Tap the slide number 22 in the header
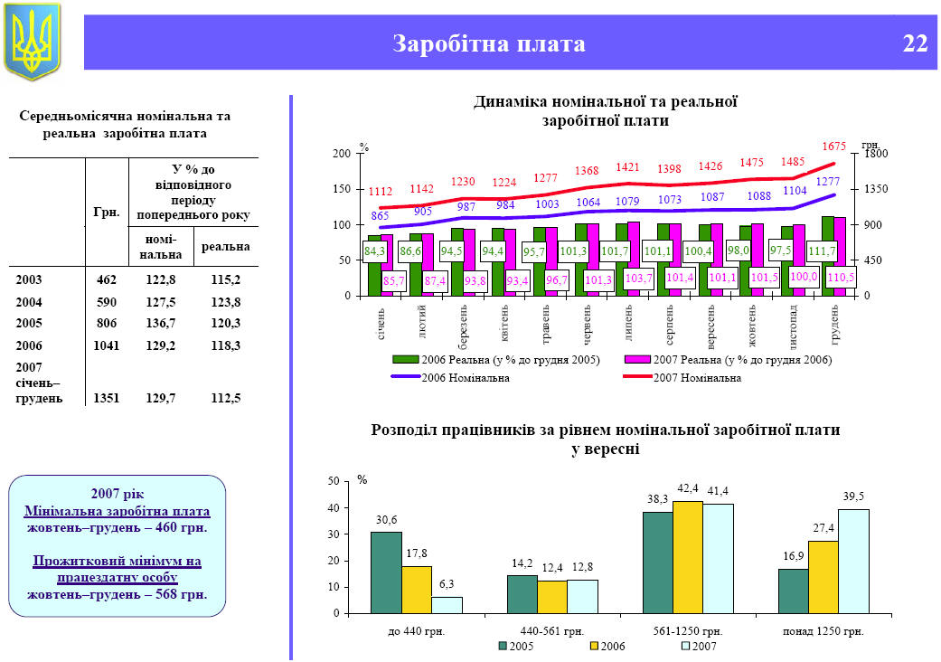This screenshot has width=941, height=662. coord(915,43)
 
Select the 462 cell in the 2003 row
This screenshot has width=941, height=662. coord(107,280)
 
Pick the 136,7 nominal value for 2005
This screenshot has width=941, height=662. coord(161,324)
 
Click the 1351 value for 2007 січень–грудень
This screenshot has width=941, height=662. coord(107,398)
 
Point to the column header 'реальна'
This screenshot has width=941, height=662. coord(226,246)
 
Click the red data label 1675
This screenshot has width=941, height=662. coord(833,146)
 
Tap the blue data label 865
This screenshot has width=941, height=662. coord(380,215)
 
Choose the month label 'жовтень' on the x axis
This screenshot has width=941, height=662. coord(752,325)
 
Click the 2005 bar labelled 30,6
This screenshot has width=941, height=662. coord(386,572)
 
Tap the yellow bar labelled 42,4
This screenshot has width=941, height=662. coord(688,556)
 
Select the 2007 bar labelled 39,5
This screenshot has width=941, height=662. coord(853,561)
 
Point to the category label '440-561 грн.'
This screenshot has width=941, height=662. coord(553,630)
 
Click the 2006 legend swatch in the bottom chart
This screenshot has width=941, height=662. coord(595,647)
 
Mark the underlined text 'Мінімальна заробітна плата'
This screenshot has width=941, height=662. coord(117,510)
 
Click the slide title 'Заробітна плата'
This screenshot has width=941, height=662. coord(489,43)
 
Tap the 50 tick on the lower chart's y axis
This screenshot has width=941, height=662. coord(334,482)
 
